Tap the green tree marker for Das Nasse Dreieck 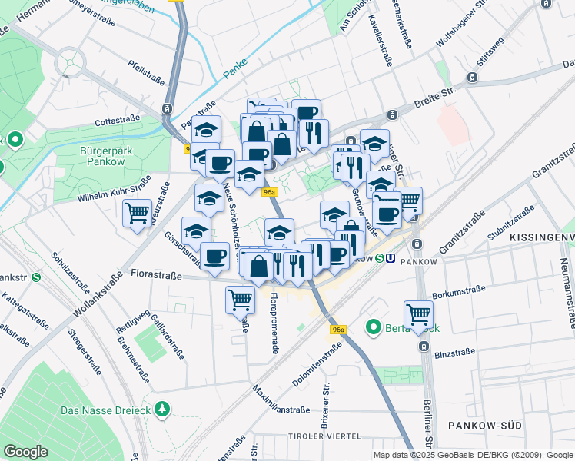[x=161, y=409]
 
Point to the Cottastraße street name [x=117, y=121]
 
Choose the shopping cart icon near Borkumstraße [x=418, y=313]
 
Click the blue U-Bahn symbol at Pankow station [x=392, y=260]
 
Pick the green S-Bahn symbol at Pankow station [x=380, y=260]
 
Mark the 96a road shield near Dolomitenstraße [x=338, y=330]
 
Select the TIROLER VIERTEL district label [x=324, y=436]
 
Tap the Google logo [x=25, y=452]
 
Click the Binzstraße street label [x=454, y=354]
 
